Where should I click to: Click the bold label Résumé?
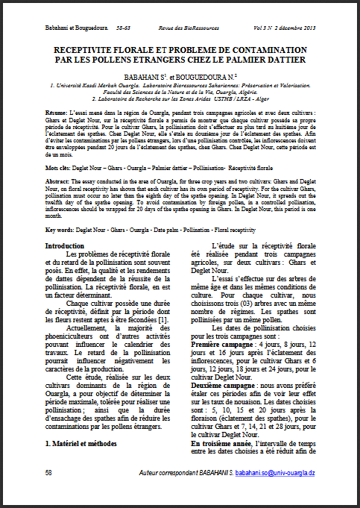pos(57,110)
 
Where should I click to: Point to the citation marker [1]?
pos(155,299)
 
